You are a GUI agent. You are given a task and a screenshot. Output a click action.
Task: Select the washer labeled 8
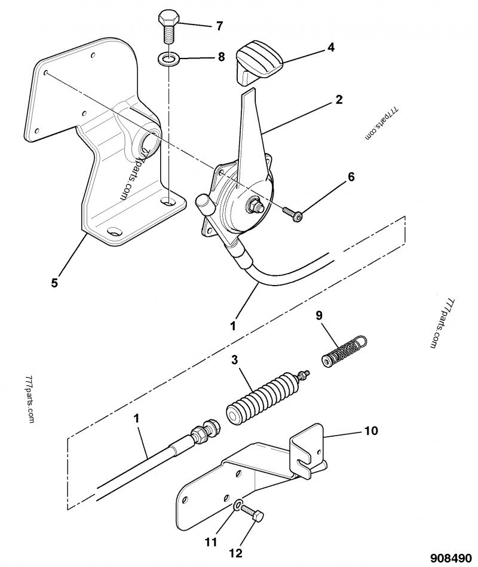tap(168, 59)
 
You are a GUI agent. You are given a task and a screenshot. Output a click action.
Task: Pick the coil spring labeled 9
tap(344, 352)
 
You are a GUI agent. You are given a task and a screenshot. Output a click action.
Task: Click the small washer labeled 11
tap(238, 505)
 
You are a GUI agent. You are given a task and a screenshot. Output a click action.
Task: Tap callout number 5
tap(54, 283)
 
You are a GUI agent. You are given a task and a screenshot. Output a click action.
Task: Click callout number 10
tap(370, 430)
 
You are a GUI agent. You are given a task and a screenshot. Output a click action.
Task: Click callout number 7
tap(219, 26)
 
